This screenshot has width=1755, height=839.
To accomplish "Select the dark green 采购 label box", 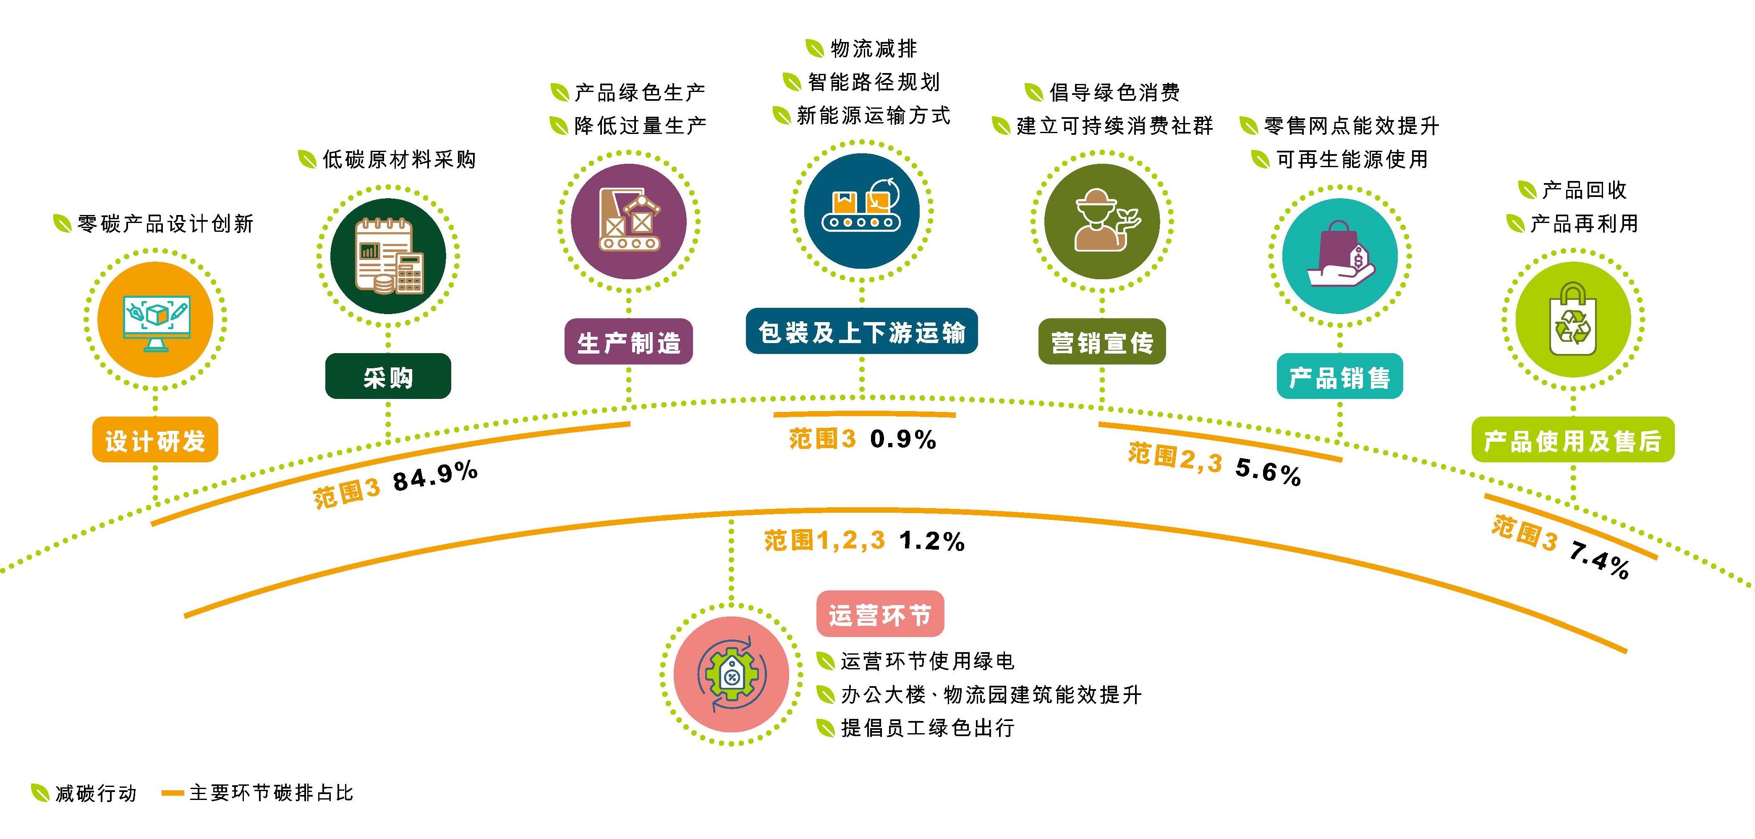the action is click(388, 376).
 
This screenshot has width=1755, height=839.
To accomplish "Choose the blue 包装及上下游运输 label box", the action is click(862, 331).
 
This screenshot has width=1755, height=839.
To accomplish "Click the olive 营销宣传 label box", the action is click(1101, 341).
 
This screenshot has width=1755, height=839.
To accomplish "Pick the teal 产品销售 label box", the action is click(1339, 376).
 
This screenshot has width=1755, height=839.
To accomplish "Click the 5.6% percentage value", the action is click(1268, 471).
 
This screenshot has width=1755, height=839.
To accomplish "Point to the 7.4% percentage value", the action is click(1599, 560).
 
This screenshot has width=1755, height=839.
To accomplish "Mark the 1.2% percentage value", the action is click(932, 541).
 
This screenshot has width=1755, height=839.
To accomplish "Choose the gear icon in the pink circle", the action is click(731, 675).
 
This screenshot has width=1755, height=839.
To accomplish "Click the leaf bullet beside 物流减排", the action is click(814, 48).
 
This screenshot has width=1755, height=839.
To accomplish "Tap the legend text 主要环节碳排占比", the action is click(271, 793).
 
